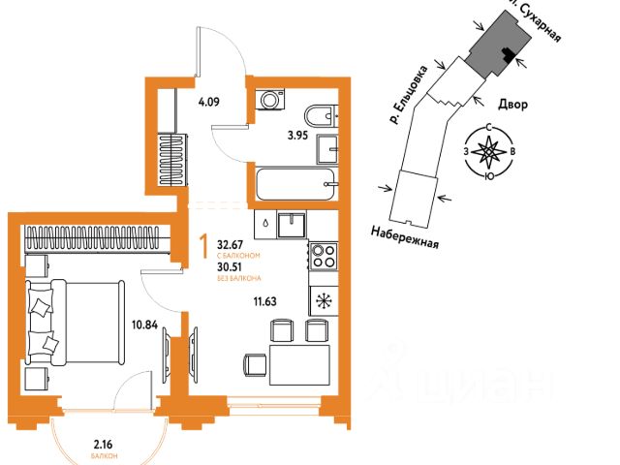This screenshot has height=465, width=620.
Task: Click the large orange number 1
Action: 202,246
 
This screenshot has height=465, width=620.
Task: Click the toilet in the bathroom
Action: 318,113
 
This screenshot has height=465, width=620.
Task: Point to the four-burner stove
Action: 322,257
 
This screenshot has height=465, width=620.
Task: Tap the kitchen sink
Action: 293,224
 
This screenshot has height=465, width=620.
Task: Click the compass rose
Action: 492,153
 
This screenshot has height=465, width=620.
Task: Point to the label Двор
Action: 513,105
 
